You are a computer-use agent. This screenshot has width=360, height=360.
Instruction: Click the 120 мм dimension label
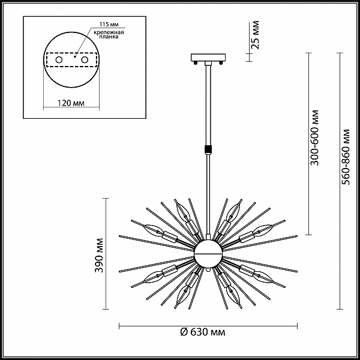71,103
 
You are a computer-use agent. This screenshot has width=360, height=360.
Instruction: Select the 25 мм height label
255,35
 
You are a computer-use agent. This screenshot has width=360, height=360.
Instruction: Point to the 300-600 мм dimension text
314,138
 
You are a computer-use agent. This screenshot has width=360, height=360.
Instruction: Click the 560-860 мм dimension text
346,157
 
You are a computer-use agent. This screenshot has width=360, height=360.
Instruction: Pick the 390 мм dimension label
99,256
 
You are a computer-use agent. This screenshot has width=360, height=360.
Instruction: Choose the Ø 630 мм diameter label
203,332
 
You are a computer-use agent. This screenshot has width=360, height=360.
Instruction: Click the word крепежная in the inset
109,32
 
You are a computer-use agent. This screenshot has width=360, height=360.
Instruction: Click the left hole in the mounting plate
59,60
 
